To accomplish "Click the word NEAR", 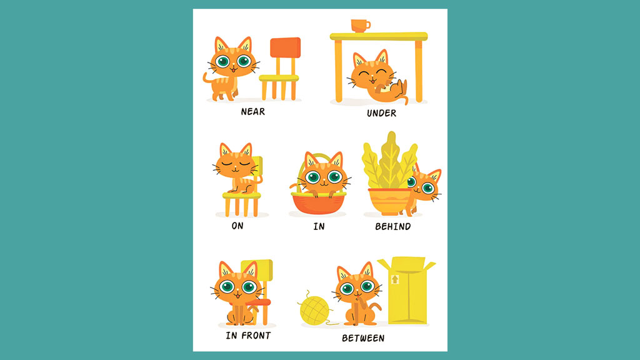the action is point(252,111).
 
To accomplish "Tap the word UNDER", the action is point(382,113).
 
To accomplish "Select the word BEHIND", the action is point(393,226).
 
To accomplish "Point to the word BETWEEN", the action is point(363,338).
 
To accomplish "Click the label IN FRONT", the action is point(248,336).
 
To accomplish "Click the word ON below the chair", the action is point(237,226).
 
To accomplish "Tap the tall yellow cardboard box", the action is point(407,290).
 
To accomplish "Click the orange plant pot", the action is point(390,201).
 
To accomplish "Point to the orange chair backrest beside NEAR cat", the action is point(285,47).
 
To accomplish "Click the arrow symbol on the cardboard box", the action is point(395,279).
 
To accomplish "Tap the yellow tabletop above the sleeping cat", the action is point(379,37).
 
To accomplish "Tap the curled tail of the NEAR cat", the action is point(208,79).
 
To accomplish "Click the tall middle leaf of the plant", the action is point(390,159).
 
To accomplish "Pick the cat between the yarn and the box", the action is point(358,294).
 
